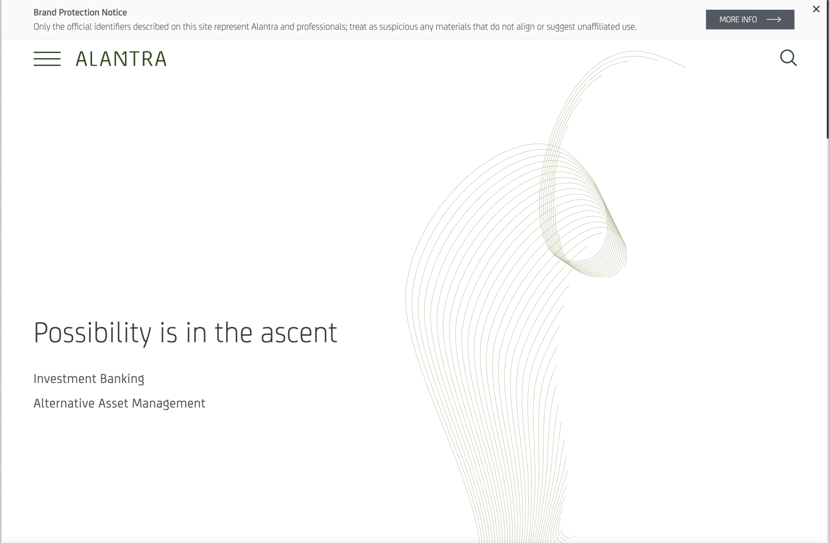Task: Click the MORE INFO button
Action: tap(750, 19)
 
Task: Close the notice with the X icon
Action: tap(816, 9)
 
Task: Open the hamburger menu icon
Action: tap(47, 59)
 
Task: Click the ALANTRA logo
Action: tap(121, 59)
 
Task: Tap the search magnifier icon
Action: tap(788, 58)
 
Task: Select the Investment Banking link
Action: tap(89, 379)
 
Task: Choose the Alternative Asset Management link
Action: tap(119, 403)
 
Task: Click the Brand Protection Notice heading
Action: tap(80, 13)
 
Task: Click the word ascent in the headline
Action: tap(299, 333)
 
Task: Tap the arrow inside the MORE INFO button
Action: tap(774, 19)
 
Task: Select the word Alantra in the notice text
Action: tap(264, 27)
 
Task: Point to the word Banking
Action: tap(122, 379)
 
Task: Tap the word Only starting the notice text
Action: tap(42, 27)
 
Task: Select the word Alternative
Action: tap(64, 403)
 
